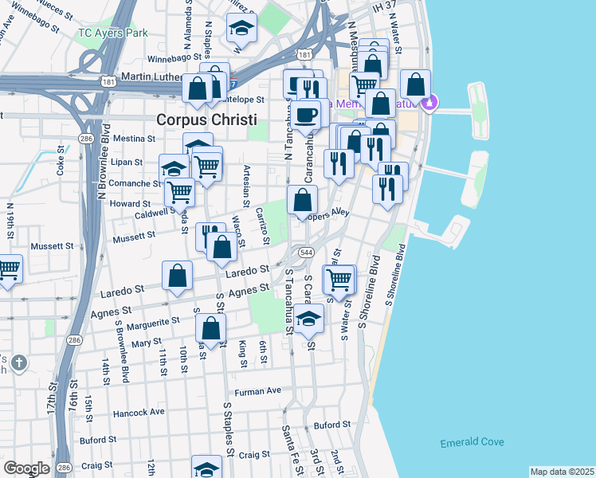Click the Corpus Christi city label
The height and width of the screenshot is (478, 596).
tap(206, 119)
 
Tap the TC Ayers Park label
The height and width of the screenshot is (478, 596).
tap(114, 33)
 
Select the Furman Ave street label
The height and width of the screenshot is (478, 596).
tap(258, 391)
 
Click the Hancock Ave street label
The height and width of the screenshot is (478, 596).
tap(139, 412)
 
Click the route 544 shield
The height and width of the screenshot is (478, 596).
tap(306, 252)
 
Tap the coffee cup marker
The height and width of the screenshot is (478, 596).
tap(305, 114)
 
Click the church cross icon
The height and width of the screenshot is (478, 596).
tap(19, 363)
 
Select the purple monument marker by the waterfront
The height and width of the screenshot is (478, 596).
tap(430, 102)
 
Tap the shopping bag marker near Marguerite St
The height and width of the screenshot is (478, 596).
tap(210, 327)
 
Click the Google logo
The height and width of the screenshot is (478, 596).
tap(25, 468)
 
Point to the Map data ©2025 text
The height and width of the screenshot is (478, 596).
tap(562, 472)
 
